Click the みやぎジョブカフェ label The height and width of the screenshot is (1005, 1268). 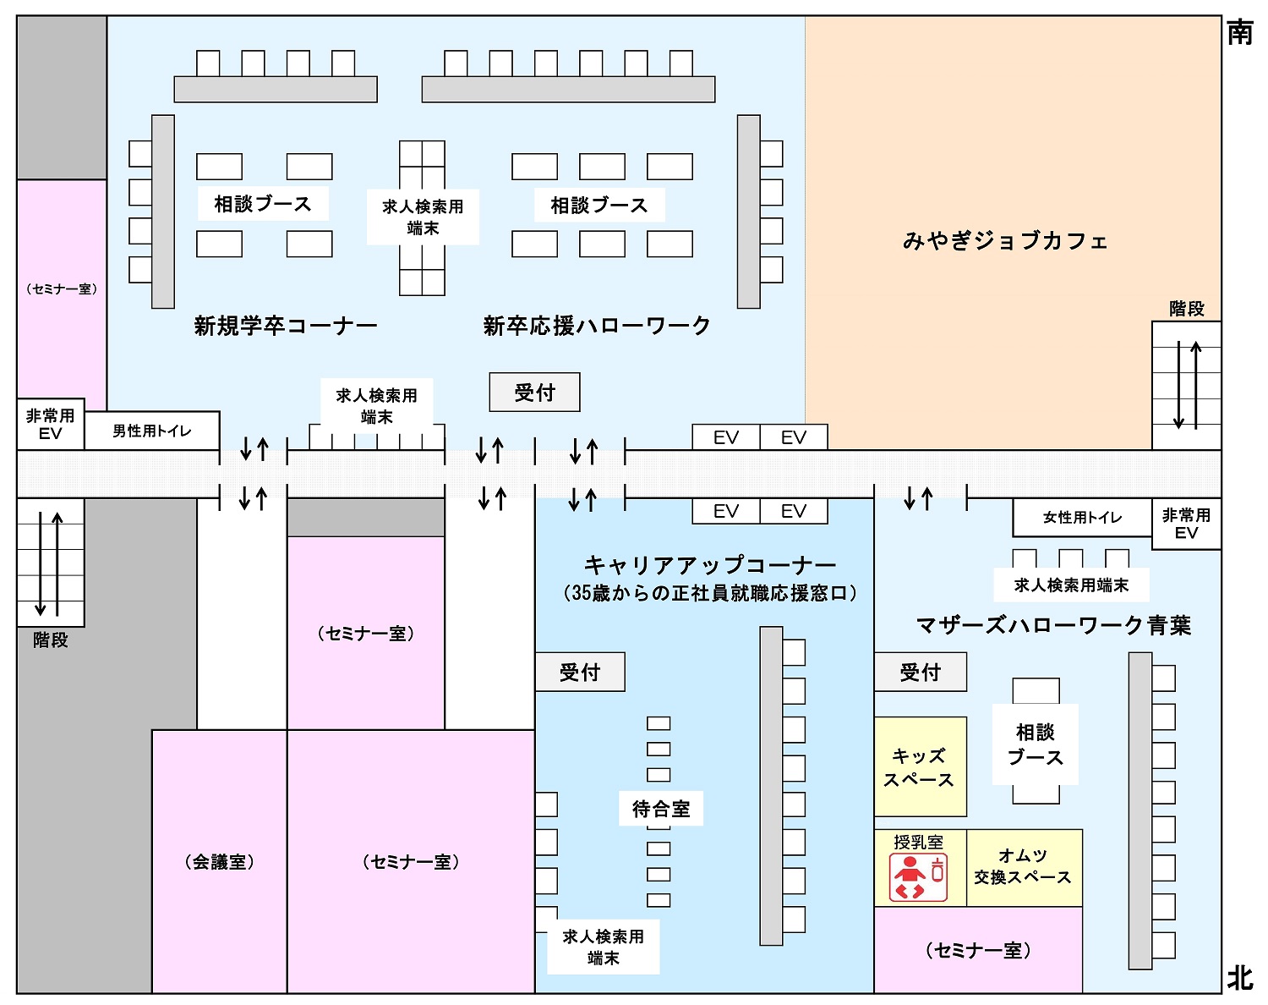pyautogui.click(x=1005, y=240)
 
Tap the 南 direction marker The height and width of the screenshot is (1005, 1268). pyautogui.click(x=1240, y=32)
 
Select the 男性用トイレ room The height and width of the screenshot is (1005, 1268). pyautogui.click(x=152, y=431)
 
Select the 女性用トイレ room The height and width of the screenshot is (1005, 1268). pyautogui.click(x=1082, y=517)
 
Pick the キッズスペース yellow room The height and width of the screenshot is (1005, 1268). pyautogui.click(x=920, y=766)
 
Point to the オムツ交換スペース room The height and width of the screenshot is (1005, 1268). pyautogui.click(x=1024, y=868)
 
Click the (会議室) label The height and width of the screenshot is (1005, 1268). pyautogui.click(x=219, y=862)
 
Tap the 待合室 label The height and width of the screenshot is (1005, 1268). pyautogui.click(x=661, y=808)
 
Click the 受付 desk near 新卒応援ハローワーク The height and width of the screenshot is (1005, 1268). pyautogui.click(x=534, y=393)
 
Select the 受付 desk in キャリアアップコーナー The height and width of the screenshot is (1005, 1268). pyautogui.click(x=580, y=672)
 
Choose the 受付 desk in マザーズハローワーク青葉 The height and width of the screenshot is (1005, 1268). pyautogui.click(x=921, y=672)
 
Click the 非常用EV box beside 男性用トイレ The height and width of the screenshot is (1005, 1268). pyautogui.click(x=51, y=424)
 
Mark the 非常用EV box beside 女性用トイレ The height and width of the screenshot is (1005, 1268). pyautogui.click(x=1186, y=524)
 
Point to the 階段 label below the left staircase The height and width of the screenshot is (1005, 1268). pyautogui.click(x=50, y=640)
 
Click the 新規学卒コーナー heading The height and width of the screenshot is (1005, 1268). pyautogui.click(x=286, y=326)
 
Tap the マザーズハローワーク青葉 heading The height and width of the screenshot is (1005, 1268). pyautogui.click(x=1053, y=625)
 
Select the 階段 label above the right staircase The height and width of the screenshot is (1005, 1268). pyautogui.click(x=1187, y=309)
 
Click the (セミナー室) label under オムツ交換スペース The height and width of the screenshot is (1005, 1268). pyautogui.click(x=978, y=950)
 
